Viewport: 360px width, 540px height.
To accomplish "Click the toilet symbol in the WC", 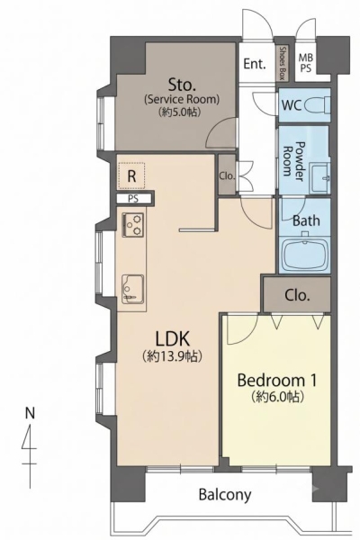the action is pos(318,104).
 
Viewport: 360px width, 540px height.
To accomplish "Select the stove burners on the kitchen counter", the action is pos(132,224).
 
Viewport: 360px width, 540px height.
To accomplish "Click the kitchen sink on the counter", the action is pos(132,289).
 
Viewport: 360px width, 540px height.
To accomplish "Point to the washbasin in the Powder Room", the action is pos(319,177).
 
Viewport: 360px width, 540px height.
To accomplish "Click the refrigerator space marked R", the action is pos(131,175).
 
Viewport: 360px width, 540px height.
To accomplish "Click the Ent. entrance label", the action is pos(255,63).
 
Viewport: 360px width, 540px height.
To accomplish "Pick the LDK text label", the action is pos(172,338).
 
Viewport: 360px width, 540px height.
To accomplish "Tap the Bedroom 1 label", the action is pos(277,380).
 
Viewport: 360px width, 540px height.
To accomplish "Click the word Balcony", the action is pos(225,495).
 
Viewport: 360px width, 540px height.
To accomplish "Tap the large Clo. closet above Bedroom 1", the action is pos(297,295).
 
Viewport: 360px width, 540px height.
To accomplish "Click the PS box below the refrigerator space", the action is pos(133,199).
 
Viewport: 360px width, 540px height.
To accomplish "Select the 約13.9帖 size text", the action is pos(172,356).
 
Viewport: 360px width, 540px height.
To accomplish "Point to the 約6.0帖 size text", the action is pos(277,397).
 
